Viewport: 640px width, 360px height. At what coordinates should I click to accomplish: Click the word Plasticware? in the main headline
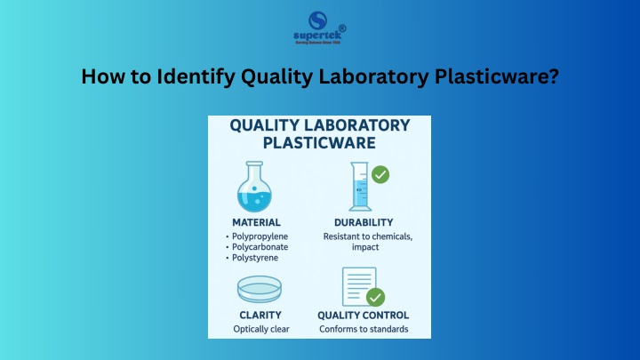click(497, 76)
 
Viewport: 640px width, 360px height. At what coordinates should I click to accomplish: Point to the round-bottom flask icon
click(254, 187)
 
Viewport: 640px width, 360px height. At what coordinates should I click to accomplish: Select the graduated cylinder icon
click(360, 187)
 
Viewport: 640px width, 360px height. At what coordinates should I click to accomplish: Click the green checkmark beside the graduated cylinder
click(380, 175)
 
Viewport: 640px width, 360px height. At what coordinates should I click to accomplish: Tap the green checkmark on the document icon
click(375, 297)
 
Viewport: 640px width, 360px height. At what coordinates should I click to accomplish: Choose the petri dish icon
click(260, 289)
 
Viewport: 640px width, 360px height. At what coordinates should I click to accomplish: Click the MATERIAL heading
click(256, 222)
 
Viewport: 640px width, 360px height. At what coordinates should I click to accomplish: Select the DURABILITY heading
click(364, 222)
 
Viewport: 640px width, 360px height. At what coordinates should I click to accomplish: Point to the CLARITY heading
click(260, 315)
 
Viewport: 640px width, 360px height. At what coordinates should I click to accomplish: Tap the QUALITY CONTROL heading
click(364, 315)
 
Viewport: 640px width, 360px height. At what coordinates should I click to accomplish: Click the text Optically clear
click(261, 329)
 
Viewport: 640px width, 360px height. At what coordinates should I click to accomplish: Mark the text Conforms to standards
click(364, 329)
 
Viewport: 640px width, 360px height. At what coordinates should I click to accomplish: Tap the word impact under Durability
click(365, 247)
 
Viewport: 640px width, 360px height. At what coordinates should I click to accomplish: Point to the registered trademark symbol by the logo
click(342, 28)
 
